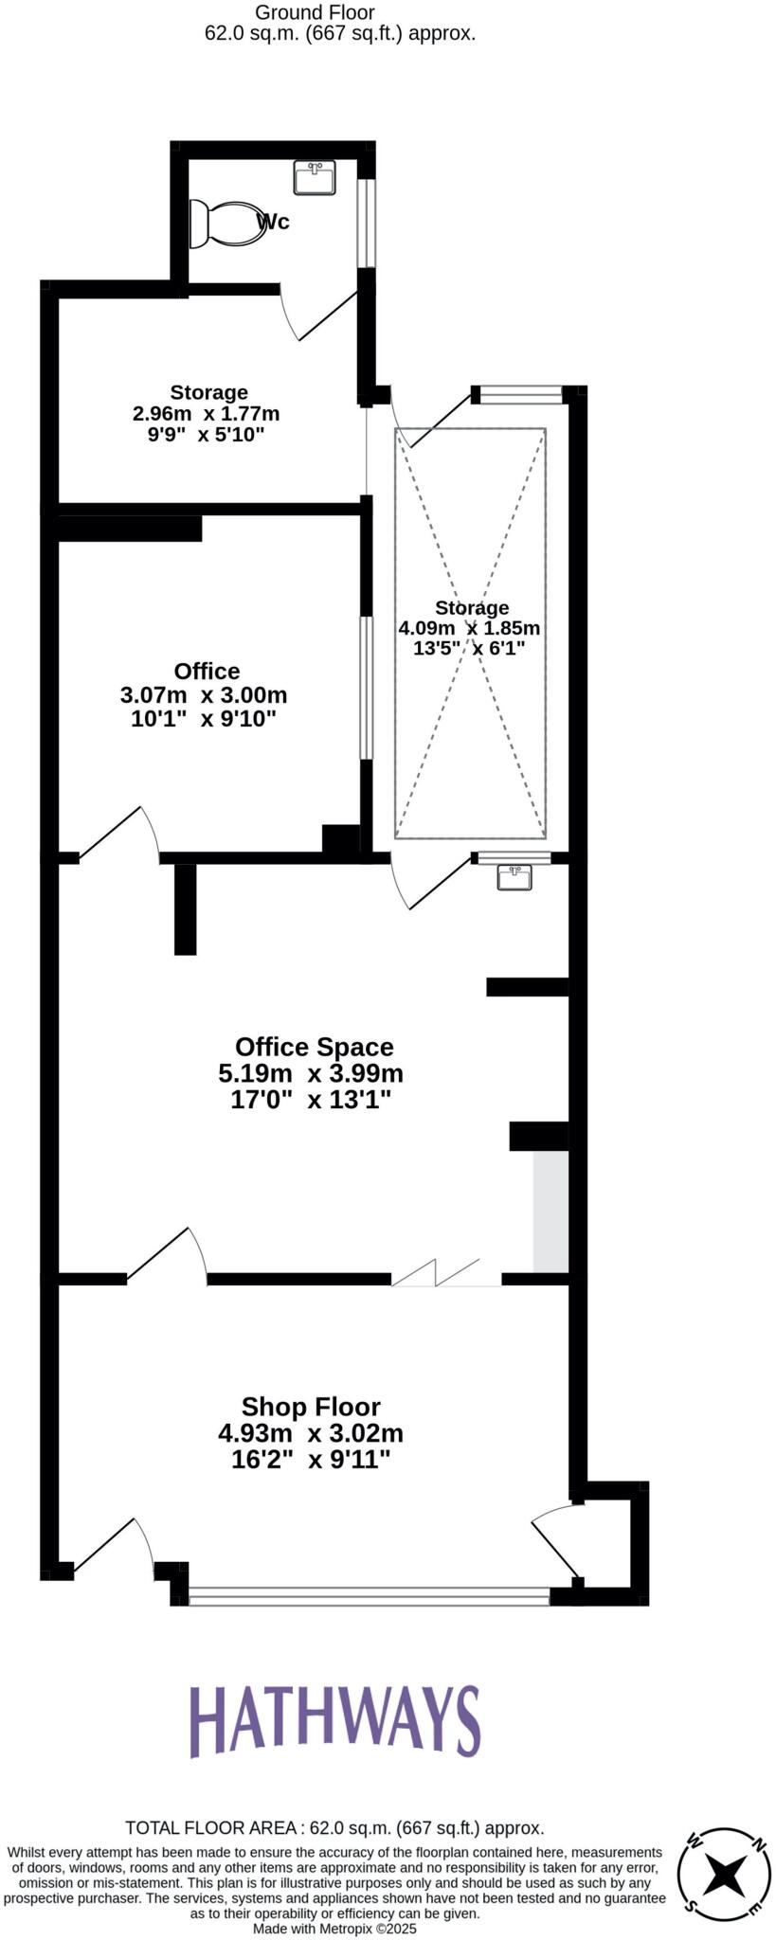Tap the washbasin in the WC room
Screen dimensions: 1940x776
[315, 177]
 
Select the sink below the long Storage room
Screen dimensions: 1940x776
[515, 878]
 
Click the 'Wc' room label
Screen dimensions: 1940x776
[274, 222]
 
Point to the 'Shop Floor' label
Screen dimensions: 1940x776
[311, 1407]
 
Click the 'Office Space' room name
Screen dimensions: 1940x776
[314, 1047]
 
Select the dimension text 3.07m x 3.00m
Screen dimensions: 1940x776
[204, 694]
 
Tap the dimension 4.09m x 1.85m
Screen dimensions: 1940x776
[469, 628]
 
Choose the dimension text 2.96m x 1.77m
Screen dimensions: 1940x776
[207, 414]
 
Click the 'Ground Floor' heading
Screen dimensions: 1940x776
[316, 12]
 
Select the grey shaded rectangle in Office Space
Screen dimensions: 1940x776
[550, 1212]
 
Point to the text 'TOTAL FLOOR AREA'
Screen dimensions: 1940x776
[212, 1828]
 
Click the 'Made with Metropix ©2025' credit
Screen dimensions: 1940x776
[334, 1929]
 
